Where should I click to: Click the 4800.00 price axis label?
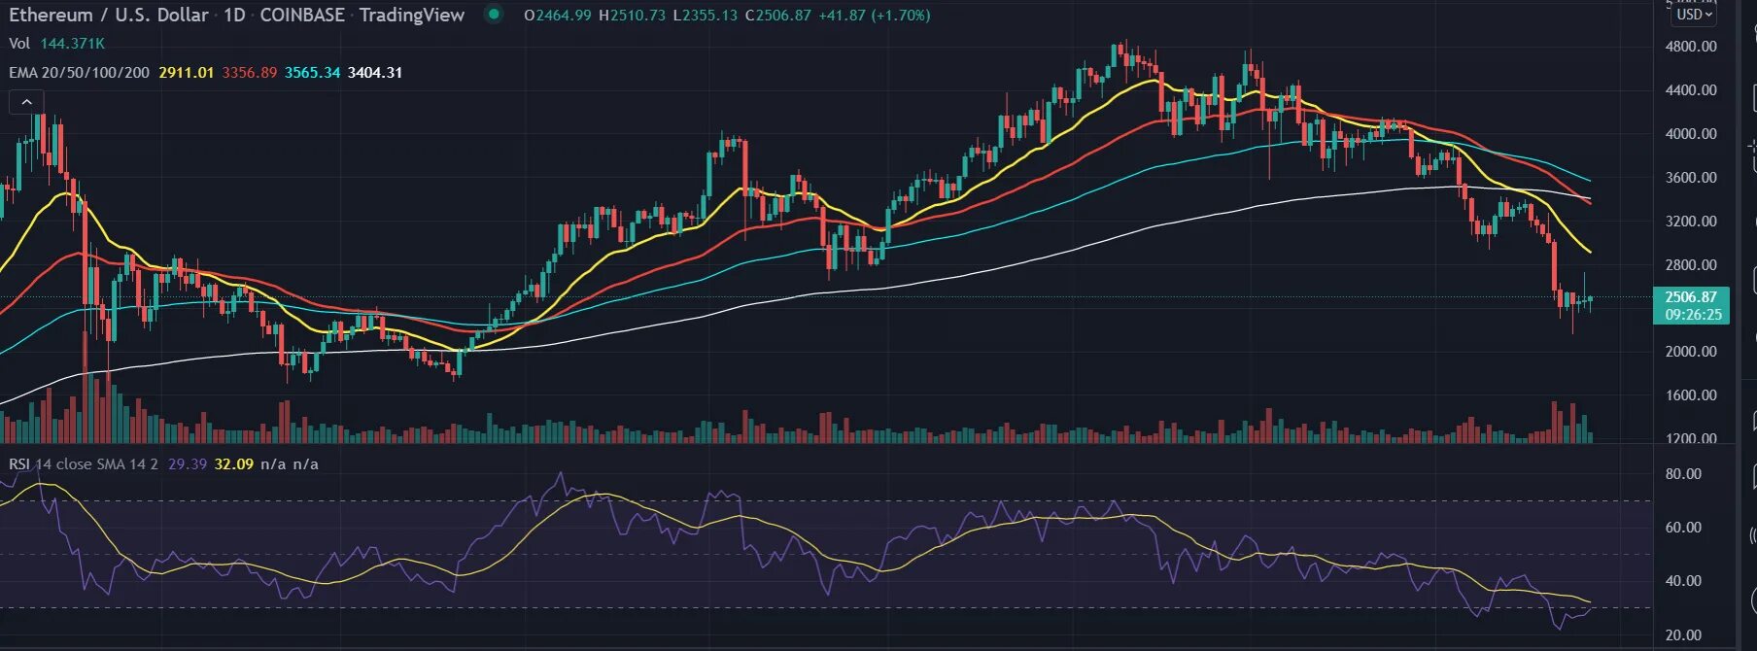tap(1690, 46)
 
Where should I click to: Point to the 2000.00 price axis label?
tap(1690, 351)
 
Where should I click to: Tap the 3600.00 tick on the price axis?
tap(1690, 177)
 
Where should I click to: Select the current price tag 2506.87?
tap(1691, 297)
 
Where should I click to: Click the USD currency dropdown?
tap(1694, 15)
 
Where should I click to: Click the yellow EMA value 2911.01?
tap(186, 73)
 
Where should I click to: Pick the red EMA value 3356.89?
tap(249, 73)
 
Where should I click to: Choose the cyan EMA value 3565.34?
tap(312, 73)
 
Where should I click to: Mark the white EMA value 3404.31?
tap(375, 73)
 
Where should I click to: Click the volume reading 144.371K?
tap(72, 44)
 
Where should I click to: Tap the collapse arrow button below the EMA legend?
tap(27, 102)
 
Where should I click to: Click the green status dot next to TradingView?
tap(494, 15)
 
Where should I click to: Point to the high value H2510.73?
tap(632, 16)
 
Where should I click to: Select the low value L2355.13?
tap(705, 16)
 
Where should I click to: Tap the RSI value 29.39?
tap(188, 464)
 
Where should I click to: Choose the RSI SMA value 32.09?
tap(233, 464)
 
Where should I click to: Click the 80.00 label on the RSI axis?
tap(1683, 474)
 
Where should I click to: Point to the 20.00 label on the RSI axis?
tap(1683, 634)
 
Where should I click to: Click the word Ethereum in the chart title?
tap(51, 15)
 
